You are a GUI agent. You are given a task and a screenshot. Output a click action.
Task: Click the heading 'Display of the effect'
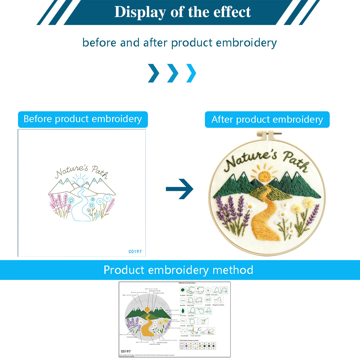(x=182, y=12)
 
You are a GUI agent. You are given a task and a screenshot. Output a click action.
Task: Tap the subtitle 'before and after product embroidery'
(x=179, y=43)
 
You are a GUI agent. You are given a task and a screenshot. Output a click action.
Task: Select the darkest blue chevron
(x=154, y=73)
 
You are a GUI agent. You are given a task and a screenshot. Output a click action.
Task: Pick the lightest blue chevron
(x=191, y=73)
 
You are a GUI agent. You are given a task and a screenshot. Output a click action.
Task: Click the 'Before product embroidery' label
(x=82, y=119)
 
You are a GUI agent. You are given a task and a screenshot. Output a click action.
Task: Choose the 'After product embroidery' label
(x=267, y=119)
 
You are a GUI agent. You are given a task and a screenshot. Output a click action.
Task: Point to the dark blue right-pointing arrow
(x=180, y=189)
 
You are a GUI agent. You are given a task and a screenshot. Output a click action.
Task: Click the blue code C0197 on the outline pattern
(x=135, y=251)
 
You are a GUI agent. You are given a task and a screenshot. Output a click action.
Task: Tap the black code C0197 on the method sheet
(x=126, y=351)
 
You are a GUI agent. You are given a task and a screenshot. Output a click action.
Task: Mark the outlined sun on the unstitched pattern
(x=80, y=181)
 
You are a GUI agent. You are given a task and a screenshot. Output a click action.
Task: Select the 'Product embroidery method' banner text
(x=178, y=270)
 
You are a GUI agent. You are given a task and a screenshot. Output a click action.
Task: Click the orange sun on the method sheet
(x=147, y=310)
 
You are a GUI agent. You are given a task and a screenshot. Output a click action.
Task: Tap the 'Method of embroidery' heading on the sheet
(x=187, y=283)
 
